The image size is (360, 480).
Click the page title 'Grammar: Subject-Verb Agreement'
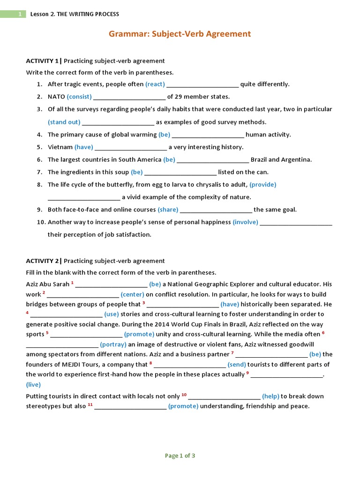coord(180,34)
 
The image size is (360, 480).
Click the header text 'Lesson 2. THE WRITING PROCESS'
coord(75,14)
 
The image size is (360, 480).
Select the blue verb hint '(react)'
coord(155,84)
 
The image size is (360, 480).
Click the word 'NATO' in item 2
coord(56,97)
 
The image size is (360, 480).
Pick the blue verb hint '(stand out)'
coord(64,122)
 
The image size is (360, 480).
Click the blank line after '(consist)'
coord(129,97)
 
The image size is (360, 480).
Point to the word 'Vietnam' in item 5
coord(60,147)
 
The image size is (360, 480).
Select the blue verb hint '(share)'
coord(168,210)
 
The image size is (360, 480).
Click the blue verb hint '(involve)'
coord(245,222)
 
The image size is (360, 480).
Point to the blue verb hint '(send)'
coord(237,365)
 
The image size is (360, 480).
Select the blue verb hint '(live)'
coord(33,384)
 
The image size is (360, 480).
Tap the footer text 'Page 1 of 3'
coord(180,456)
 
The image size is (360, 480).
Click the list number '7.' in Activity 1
coord(40,172)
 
